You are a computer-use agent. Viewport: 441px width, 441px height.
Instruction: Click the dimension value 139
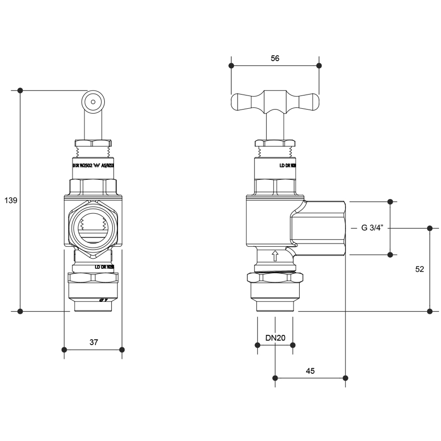[10, 200]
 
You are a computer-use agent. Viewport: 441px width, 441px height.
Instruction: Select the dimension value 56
[275, 58]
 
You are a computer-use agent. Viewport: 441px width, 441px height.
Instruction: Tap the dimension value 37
[94, 343]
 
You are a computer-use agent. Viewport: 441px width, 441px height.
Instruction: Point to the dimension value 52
[419, 269]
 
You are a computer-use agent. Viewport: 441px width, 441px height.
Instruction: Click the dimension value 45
[310, 371]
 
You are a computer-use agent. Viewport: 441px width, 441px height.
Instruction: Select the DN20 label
[275, 338]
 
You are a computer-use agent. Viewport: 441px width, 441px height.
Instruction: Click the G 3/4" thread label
[372, 228]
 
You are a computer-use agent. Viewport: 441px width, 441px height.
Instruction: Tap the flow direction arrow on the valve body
[275, 256]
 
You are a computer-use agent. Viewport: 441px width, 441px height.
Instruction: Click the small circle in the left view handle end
[94, 101]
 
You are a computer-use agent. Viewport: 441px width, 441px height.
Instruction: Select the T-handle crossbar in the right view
[275, 102]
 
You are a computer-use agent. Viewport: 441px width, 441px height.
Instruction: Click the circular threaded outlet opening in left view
[94, 229]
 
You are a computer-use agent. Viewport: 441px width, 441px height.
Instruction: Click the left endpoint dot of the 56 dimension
[232, 66]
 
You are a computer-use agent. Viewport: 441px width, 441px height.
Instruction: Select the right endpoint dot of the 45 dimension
[345, 378]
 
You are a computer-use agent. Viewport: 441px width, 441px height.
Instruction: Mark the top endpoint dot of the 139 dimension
[20, 90]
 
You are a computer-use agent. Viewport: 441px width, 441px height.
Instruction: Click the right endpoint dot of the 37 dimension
[122, 350]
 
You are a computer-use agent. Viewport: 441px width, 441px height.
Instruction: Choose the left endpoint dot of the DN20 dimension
[257, 345]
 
